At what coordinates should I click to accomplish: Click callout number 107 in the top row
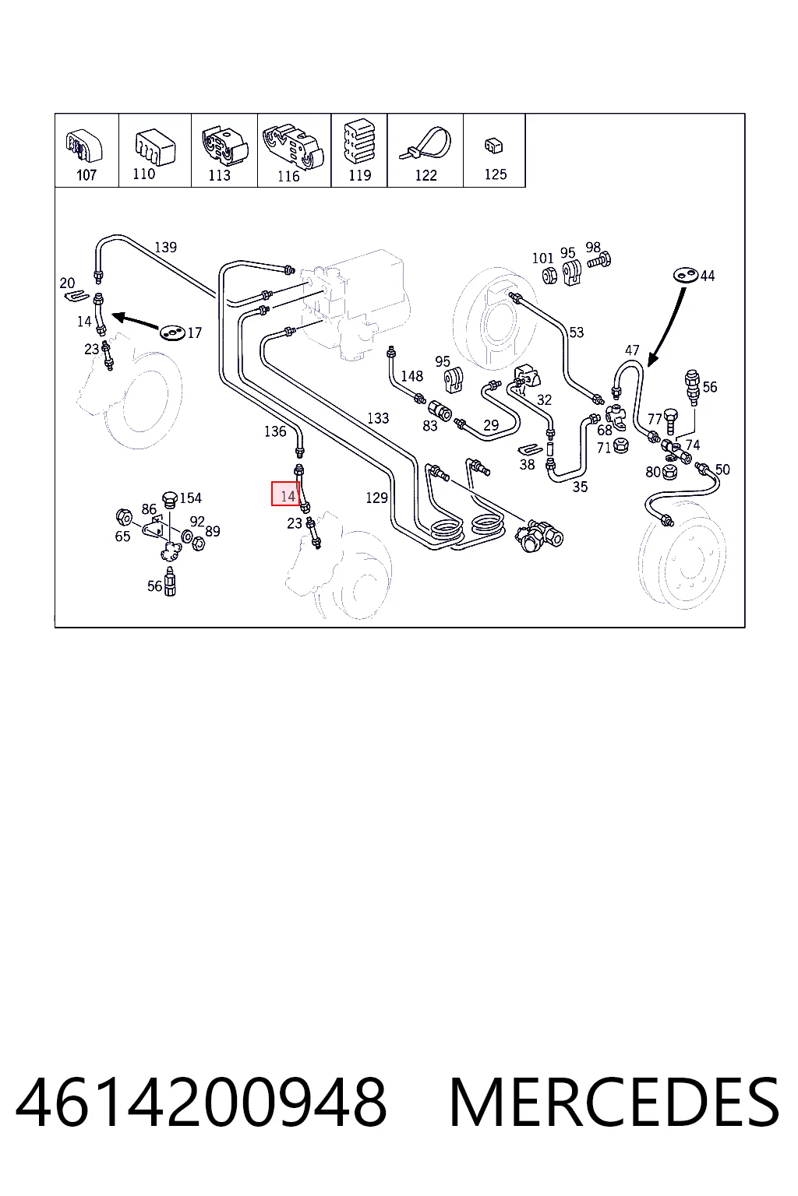pos(86,175)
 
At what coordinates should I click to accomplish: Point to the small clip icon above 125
pos(494,146)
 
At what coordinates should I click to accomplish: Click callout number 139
pos(165,247)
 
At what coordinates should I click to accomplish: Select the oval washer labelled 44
pos(686,275)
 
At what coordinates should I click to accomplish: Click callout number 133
pos(378,418)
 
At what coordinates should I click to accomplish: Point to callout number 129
pos(376,498)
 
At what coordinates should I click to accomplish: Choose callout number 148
pos(411,376)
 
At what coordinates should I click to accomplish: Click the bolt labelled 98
pos(600,261)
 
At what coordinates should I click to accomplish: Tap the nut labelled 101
pos(549,275)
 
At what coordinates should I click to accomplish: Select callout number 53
pos(576,332)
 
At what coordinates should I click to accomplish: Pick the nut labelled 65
pos(124,517)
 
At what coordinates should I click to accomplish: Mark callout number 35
pos(580,487)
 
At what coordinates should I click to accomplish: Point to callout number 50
pos(722,470)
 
